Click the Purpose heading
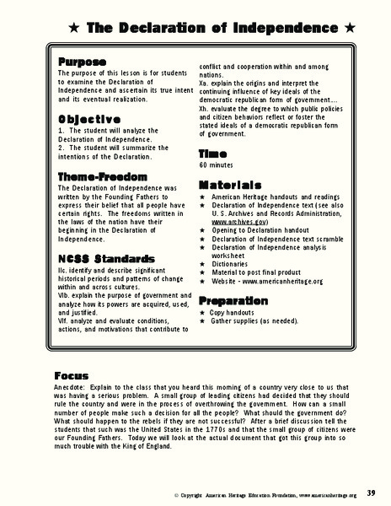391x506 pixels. tap(82, 63)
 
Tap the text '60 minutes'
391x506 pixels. tap(219, 166)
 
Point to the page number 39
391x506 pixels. tap(372, 493)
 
